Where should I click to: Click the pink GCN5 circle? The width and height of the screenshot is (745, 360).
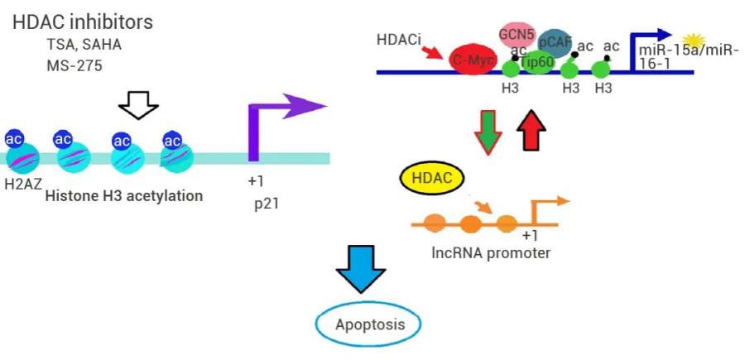coord(516,35)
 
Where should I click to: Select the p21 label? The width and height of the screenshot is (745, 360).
coord(266,200)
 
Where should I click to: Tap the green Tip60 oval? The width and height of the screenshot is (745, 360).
coord(538,63)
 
